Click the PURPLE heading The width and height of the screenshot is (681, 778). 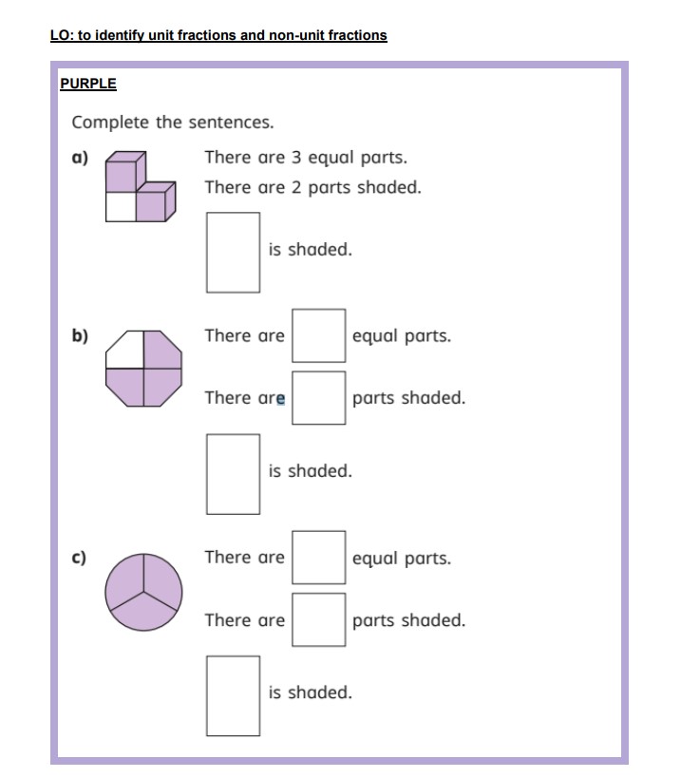point(87,84)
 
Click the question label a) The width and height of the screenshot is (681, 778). point(80,158)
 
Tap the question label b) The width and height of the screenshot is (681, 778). point(80,335)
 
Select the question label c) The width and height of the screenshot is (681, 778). point(80,558)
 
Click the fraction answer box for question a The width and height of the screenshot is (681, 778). point(233,252)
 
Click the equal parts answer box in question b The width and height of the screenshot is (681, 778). point(318,335)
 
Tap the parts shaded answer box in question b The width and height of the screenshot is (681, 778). point(318,398)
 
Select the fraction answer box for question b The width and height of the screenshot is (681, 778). point(233,473)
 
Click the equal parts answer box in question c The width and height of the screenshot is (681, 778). point(318,558)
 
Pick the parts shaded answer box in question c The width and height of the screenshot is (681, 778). point(318,620)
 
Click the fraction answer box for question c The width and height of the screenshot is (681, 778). point(233,695)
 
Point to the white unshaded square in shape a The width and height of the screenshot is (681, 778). point(120,207)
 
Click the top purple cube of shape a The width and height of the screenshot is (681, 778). point(122,176)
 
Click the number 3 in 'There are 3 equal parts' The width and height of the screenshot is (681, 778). point(296,158)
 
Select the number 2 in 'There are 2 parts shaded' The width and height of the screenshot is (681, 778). point(296,187)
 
